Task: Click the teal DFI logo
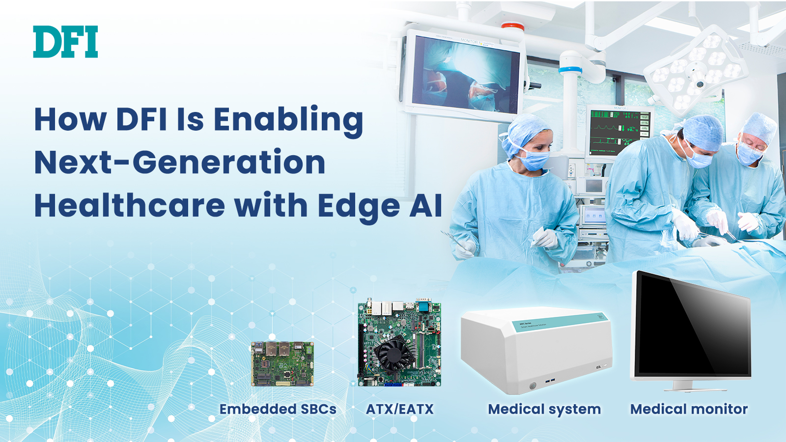(65, 41)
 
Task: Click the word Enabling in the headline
(288, 121)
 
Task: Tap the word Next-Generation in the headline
(180, 162)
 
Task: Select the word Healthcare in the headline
(130, 205)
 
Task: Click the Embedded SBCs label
(278, 409)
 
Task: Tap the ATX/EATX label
(400, 409)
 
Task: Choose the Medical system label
(544, 410)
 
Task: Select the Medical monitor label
(689, 409)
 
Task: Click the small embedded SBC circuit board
(282, 364)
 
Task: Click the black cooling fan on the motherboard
(393, 354)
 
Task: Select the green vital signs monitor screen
(619, 132)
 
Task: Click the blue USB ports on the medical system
(551, 381)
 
